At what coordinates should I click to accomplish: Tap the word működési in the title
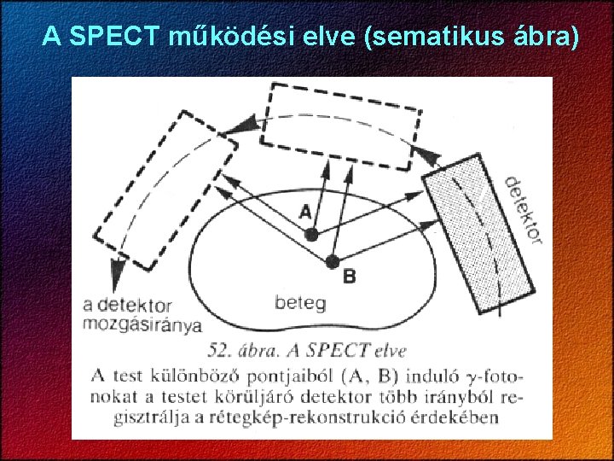(224, 37)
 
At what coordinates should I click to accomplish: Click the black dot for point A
(312, 234)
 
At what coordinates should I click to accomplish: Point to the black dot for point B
(333, 260)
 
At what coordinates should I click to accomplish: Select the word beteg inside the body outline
(299, 302)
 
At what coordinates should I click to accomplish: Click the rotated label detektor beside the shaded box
(522, 210)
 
